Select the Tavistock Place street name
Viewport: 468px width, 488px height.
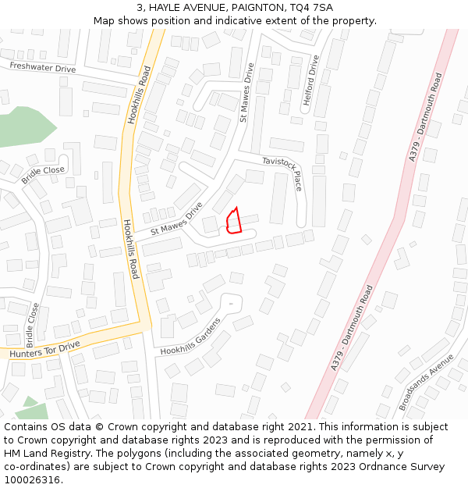pos(282,173)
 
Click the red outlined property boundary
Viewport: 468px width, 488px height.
pos(232,222)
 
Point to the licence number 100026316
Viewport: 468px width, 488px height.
pos(32,480)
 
